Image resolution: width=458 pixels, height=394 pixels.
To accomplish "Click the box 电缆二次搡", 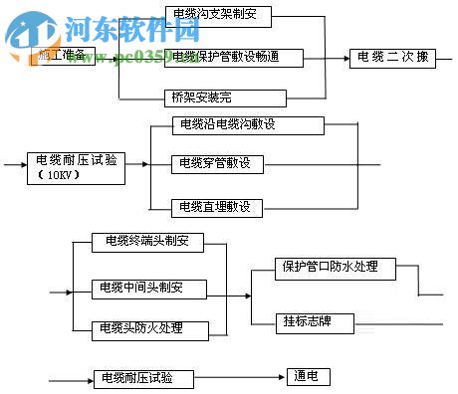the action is tap(393, 58).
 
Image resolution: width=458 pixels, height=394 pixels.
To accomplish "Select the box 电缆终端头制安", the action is tap(147, 241).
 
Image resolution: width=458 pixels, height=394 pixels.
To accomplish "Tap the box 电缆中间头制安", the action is tap(148, 290).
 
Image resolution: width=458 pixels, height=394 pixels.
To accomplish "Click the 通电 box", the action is tap(307, 377).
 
